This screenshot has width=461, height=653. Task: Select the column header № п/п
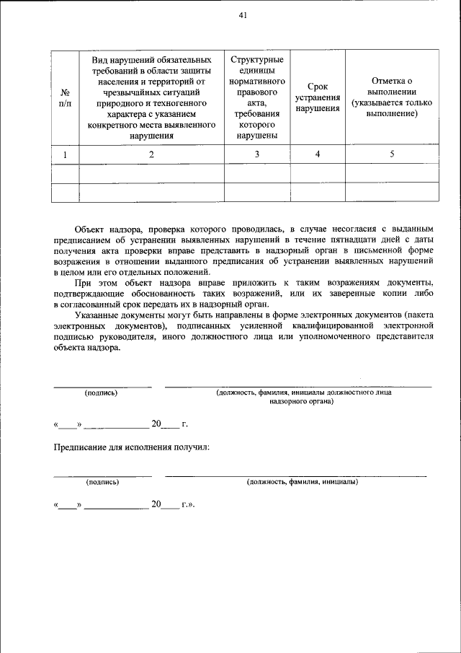pyautogui.click(x=66, y=97)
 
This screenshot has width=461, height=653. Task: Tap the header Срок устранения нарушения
pyautogui.click(x=318, y=97)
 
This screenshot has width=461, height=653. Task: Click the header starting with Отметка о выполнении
pyautogui.click(x=392, y=97)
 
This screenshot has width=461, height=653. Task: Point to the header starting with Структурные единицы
pyautogui.click(x=257, y=97)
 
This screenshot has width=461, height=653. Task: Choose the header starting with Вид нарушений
pyautogui.click(x=151, y=97)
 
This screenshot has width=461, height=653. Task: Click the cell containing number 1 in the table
pyautogui.click(x=66, y=154)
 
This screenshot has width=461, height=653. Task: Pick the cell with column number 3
pyautogui.click(x=257, y=154)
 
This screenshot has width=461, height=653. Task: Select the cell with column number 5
pyautogui.click(x=392, y=154)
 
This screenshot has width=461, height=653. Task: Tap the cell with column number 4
pyautogui.click(x=318, y=154)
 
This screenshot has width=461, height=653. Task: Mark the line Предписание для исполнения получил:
pyautogui.click(x=132, y=448)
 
